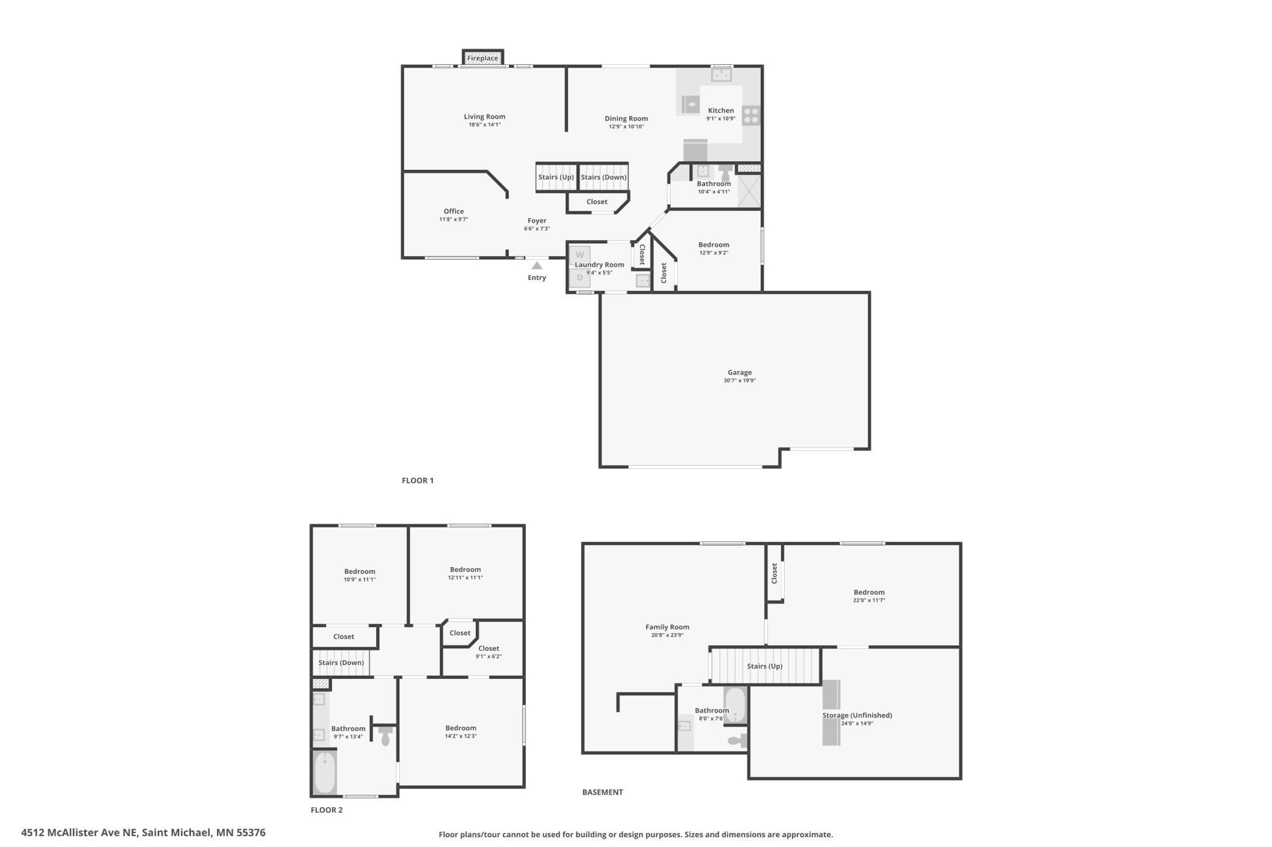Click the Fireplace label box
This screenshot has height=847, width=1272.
click(483, 58)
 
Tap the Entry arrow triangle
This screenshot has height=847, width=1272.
click(537, 266)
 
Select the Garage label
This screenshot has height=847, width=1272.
click(739, 372)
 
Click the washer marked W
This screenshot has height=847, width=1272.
click(580, 255)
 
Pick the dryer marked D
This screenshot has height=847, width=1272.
click(580, 277)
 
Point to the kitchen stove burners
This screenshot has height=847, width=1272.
click(751, 116)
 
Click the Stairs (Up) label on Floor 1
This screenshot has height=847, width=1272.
click(556, 177)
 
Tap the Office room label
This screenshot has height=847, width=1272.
click(454, 211)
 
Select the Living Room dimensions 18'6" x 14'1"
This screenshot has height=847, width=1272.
click(484, 125)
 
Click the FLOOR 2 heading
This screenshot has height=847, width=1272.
click(327, 810)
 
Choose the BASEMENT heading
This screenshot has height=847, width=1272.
click(602, 792)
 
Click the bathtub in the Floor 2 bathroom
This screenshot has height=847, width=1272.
click(325, 772)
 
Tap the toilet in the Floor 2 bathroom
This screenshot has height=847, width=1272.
click(385, 736)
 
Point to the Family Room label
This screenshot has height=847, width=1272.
click(667, 627)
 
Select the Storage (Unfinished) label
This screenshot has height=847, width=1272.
click(857, 716)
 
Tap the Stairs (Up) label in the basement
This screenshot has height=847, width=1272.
click(764, 666)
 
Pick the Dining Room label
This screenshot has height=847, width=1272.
click(626, 119)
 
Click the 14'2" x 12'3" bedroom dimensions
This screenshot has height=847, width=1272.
click(460, 736)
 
